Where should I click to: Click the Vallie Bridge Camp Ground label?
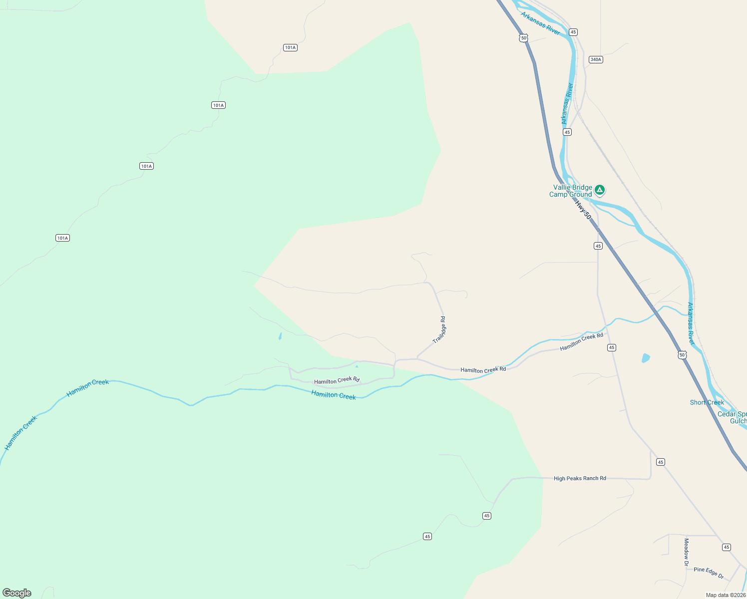coord(570,191)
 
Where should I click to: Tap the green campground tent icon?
coord(600,190)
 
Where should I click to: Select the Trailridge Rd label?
coord(439,329)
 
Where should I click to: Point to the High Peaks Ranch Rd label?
coord(580,478)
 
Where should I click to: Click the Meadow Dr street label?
coord(687,552)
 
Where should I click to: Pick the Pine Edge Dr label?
coord(709,572)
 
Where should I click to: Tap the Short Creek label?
coord(707,402)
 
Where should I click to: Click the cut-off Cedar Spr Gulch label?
coord(733,417)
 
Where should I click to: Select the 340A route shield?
coord(596,59)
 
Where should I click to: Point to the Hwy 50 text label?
coord(583,210)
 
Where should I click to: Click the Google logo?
coord(17,593)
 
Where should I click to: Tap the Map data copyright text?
coord(726,595)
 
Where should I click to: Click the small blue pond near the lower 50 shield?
coord(646,358)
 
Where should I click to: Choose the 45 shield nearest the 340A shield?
coord(573,32)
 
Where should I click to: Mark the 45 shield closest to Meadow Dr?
coord(726,547)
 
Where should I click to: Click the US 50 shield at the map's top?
coord(523,38)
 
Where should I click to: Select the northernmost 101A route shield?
coord(290,47)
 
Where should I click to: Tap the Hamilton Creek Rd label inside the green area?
coord(337,380)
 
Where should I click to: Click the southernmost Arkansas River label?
coord(691,323)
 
